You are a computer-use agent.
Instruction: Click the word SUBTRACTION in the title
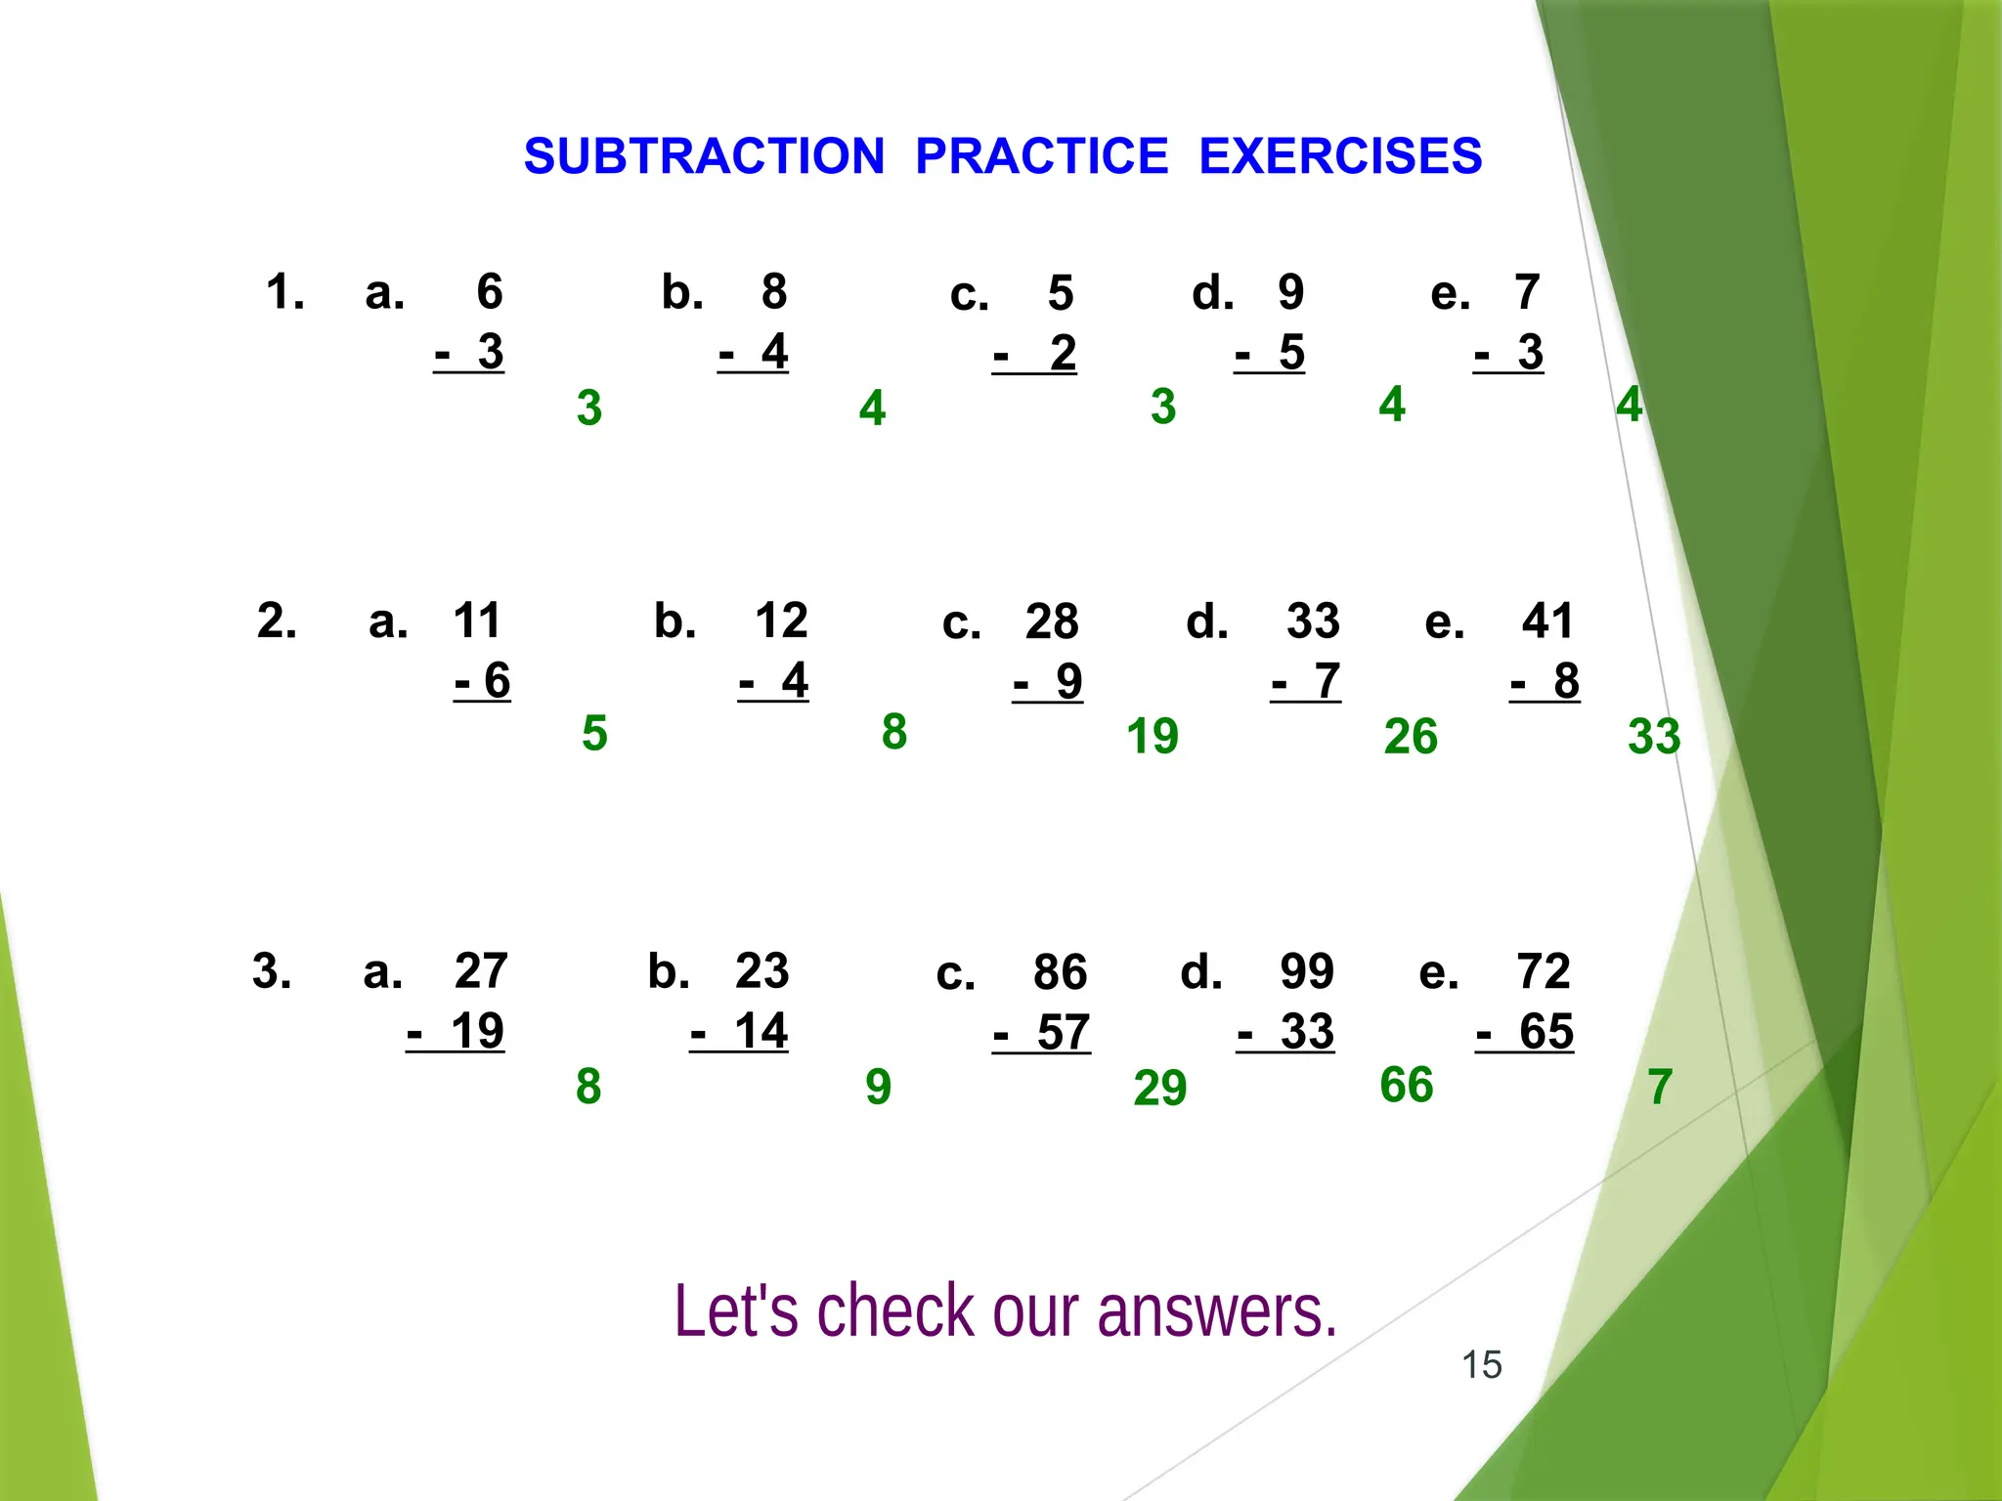pos(704,156)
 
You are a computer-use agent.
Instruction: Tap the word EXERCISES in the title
pos(1340,156)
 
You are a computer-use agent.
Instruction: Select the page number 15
pos(1481,1364)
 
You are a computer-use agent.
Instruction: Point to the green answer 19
pos(1152,736)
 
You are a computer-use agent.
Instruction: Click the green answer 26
pos(1411,737)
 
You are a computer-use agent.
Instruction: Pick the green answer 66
pos(1406,1085)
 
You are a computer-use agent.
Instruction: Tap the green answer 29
pos(1159,1088)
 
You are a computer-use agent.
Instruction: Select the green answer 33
pos(1653,736)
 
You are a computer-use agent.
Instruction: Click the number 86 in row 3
pos(1060,972)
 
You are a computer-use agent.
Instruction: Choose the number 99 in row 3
pos(1307,971)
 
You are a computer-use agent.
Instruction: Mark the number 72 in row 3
pos(1543,971)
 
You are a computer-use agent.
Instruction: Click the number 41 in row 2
pos(1547,621)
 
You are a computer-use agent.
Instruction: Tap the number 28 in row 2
pos(1051,622)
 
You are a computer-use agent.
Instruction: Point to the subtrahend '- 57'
pos(1042,1033)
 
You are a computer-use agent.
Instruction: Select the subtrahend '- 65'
pos(1525,1032)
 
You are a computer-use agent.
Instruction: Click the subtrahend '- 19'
pos(456,1031)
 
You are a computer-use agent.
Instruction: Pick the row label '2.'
pos(277,621)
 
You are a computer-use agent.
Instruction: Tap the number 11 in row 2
pos(476,621)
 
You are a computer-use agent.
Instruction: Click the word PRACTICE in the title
pos(1041,156)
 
